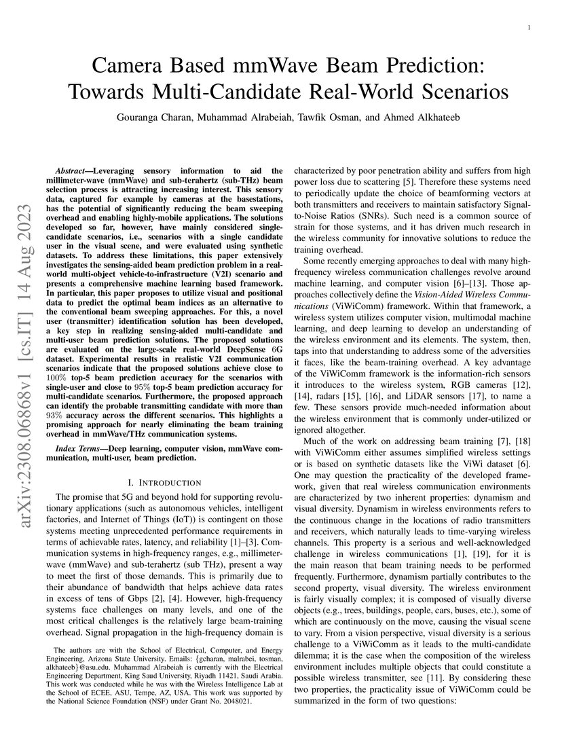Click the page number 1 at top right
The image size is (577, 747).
coord(528,27)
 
